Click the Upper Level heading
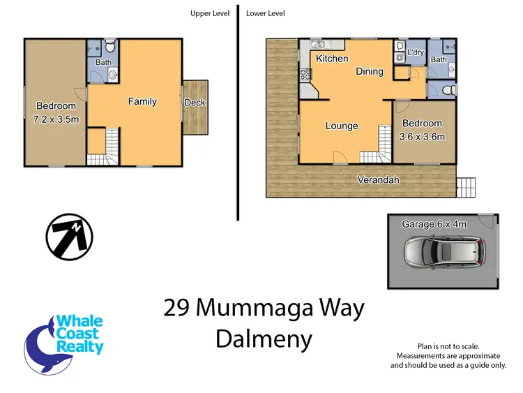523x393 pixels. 210,13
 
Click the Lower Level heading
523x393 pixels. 265,13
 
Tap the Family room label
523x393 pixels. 142,102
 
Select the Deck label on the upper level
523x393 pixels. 195,103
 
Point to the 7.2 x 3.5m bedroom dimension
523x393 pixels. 56,119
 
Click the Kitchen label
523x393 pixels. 332,59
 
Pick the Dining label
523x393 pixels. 370,71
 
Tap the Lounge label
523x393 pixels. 342,126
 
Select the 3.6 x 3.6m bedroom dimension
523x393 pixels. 423,137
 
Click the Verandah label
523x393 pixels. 379,180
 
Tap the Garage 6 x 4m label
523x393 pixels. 434,224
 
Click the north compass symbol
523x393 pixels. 69,237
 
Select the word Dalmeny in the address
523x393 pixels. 264,339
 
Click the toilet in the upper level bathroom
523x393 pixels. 109,47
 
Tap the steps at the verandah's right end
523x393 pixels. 465,186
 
